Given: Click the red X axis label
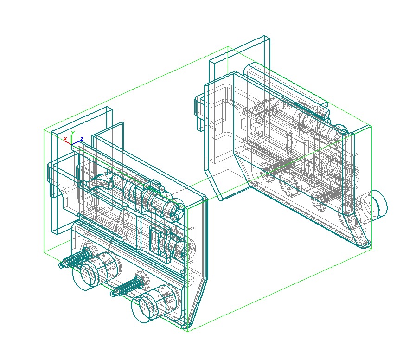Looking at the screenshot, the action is coord(65,139).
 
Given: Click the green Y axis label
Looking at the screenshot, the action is coord(73,133).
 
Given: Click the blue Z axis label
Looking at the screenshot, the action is coord(82,139).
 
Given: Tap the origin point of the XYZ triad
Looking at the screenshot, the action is coord(71,144).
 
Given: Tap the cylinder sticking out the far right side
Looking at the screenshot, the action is coord(377,205).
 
